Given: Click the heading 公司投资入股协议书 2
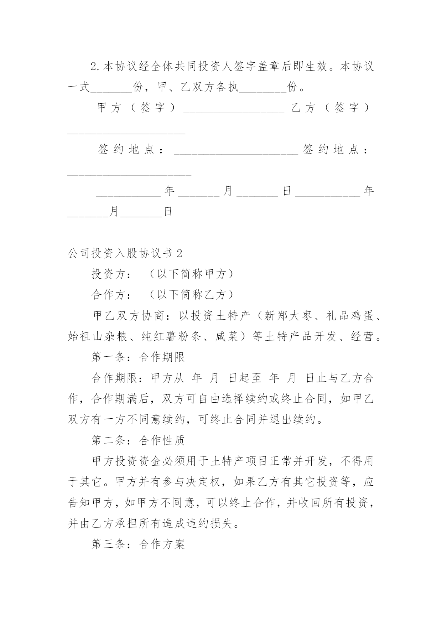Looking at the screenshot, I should point(125,253).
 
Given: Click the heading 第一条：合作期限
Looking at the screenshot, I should point(138,357).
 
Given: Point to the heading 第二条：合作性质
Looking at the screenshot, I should point(138,440).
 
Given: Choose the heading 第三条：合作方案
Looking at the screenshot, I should point(138,544).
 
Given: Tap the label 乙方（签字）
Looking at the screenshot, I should point(331,108).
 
